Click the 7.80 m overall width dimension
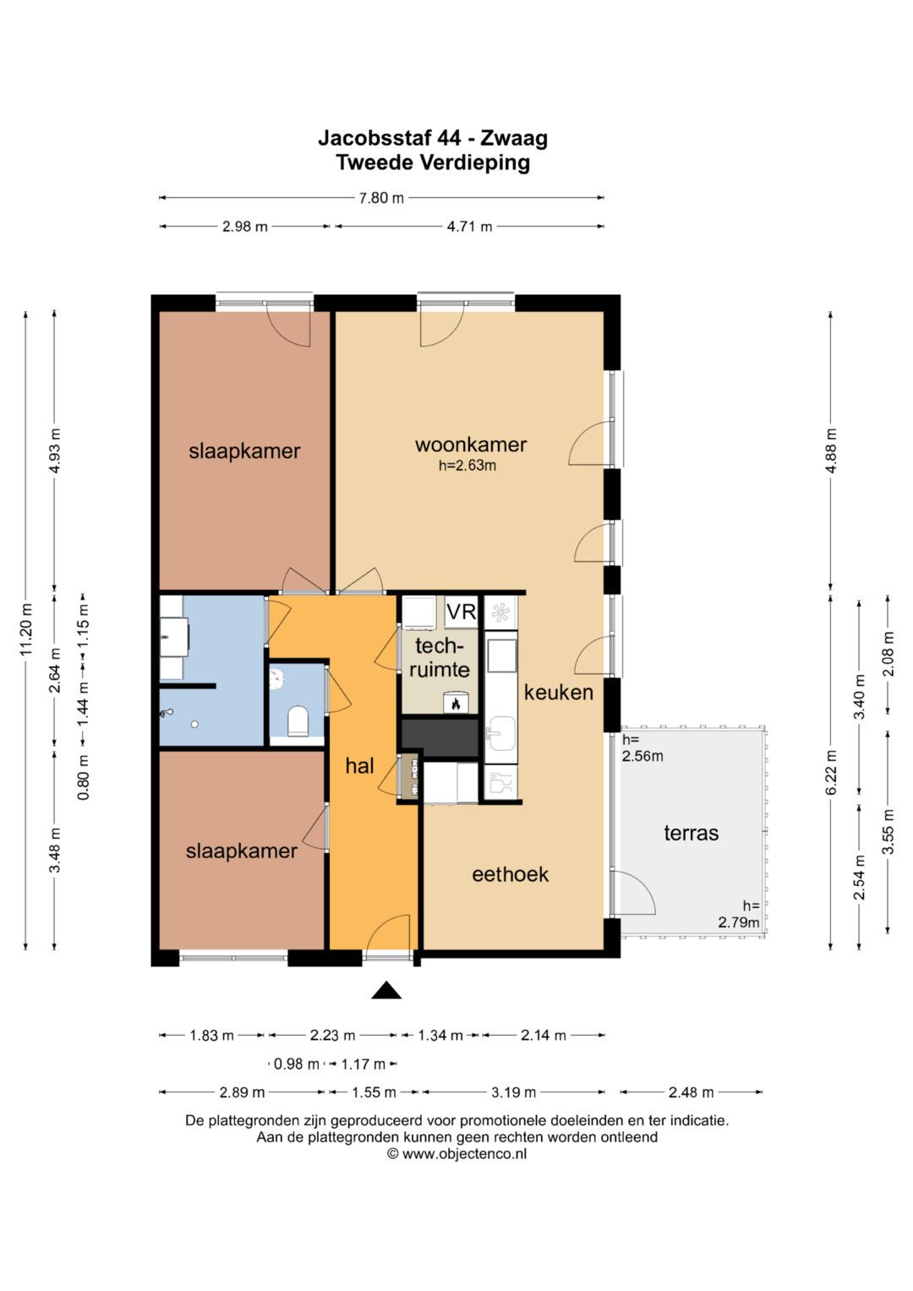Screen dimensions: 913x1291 coord(381,198)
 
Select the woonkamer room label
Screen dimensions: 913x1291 coord(470,445)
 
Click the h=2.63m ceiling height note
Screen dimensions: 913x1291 coord(467,466)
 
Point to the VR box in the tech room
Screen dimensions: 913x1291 coord(461,611)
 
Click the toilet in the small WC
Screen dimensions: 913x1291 coord(298,721)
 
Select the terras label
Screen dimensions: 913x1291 coord(692,834)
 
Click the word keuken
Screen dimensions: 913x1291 coord(558,692)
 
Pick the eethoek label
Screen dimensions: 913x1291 coord(510,875)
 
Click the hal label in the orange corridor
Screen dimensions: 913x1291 coord(359,766)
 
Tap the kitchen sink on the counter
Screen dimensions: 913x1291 coord(500,733)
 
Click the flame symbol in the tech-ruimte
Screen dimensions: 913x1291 coord(456,703)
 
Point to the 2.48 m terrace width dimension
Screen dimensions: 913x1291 coord(692,1092)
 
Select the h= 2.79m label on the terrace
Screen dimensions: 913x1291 coord(740,914)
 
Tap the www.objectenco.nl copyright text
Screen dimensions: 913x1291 coord(457,1153)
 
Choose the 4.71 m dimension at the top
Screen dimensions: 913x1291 coord(470,227)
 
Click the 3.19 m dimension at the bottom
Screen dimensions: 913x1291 coord(514,1092)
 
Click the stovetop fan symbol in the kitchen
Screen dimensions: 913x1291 coord(500,612)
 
